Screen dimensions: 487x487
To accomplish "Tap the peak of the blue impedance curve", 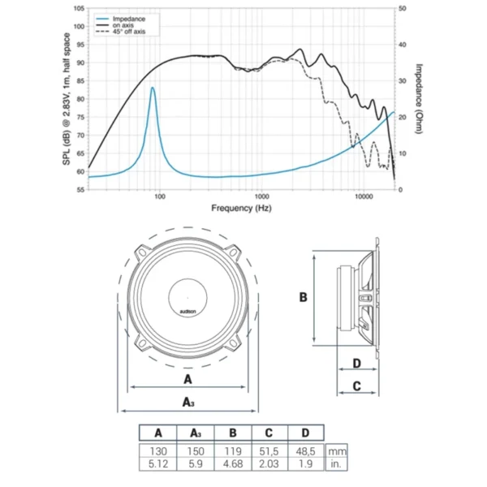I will click(152, 88).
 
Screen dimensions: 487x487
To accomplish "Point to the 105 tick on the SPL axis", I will click(78, 8).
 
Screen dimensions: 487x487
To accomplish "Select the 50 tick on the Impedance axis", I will click(403, 8).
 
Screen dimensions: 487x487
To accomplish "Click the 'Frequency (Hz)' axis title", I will click(242, 209).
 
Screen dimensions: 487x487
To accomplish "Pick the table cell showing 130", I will click(157, 449).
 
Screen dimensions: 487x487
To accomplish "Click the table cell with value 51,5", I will click(267, 449).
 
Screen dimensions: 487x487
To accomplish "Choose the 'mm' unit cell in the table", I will click(335, 449).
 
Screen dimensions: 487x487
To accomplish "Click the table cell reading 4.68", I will click(231, 463).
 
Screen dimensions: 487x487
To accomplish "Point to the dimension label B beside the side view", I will click(303, 298).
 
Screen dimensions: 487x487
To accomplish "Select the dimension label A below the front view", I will click(187, 379).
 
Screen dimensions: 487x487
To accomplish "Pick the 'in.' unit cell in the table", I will click(335, 463).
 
